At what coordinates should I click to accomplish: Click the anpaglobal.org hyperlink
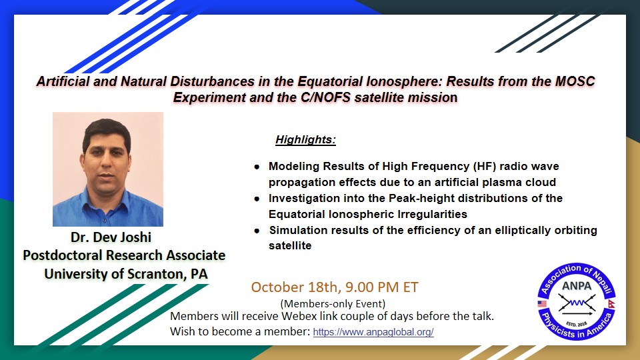coord(373,332)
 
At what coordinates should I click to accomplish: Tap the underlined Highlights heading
coord(305,139)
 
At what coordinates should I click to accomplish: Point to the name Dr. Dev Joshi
coord(111,237)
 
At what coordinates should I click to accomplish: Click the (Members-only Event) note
coord(333,304)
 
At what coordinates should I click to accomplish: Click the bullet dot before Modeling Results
coord(257,167)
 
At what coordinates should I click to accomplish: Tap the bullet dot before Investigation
coord(257,199)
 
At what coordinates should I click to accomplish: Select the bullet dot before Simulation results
coord(257,231)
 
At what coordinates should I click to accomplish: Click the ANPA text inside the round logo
coord(576,286)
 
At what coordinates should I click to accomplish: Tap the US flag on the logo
coord(542,304)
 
